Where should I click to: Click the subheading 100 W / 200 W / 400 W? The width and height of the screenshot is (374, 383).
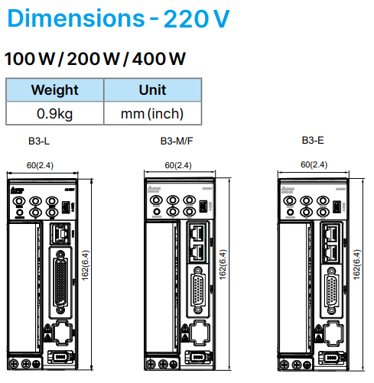[95, 59]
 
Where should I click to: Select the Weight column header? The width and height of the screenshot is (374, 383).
[54, 89]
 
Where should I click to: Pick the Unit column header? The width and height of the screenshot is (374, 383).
[152, 89]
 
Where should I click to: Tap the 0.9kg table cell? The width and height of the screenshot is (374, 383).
[54, 114]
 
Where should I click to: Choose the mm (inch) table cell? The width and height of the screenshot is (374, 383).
[152, 114]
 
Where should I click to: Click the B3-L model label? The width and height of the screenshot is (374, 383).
[39, 141]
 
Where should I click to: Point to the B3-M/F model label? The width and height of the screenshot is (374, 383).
[177, 141]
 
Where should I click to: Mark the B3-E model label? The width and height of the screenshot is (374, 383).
[313, 140]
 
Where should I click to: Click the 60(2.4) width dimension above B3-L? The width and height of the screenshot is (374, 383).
[41, 164]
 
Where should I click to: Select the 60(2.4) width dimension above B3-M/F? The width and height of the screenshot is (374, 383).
[178, 164]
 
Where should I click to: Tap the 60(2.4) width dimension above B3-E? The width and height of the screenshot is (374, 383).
[314, 164]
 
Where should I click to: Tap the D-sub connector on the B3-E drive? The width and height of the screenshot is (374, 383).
[332, 292]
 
